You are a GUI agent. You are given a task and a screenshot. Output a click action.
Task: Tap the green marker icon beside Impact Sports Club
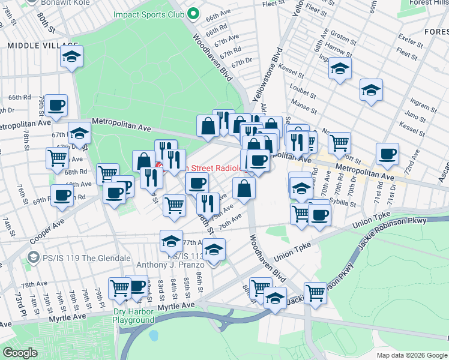pyautogui.click(x=193, y=13)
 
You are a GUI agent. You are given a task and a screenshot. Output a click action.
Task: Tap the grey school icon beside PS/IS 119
pyautogui.click(x=33, y=257)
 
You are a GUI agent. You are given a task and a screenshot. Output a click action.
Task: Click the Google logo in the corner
pyautogui.click(x=20, y=353)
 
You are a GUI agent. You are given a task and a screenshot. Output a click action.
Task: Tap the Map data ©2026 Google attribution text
pyautogui.click(x=412, y=355)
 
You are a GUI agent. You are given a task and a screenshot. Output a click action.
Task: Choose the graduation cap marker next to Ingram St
pyautogui.click(x=371, y=90)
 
